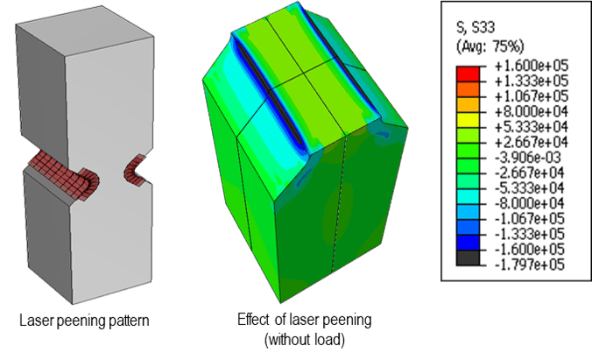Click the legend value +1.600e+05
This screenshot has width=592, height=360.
click(532, 66)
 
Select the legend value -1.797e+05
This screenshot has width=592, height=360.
click(530, 265)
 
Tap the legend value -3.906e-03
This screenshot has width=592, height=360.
click(528, 158)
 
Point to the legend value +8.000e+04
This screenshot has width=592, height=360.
click(532, 112)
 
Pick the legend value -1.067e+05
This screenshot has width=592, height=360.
click(530, 219)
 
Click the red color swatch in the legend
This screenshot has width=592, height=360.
click(468, 74)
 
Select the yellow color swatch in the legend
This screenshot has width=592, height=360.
click(468, 120)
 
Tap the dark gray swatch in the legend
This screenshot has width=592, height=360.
click(468, 258)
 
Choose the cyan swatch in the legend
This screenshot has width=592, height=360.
click(468, 197)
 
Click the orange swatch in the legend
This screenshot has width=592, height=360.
click(468, 89)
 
